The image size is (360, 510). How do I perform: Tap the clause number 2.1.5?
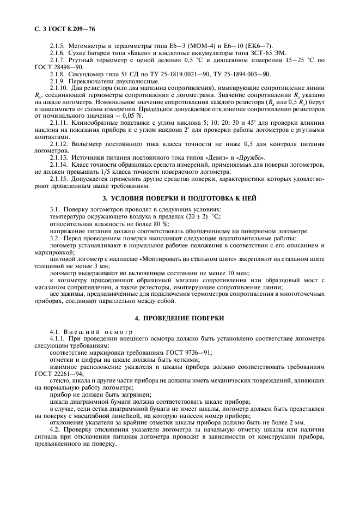point(57,45)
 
